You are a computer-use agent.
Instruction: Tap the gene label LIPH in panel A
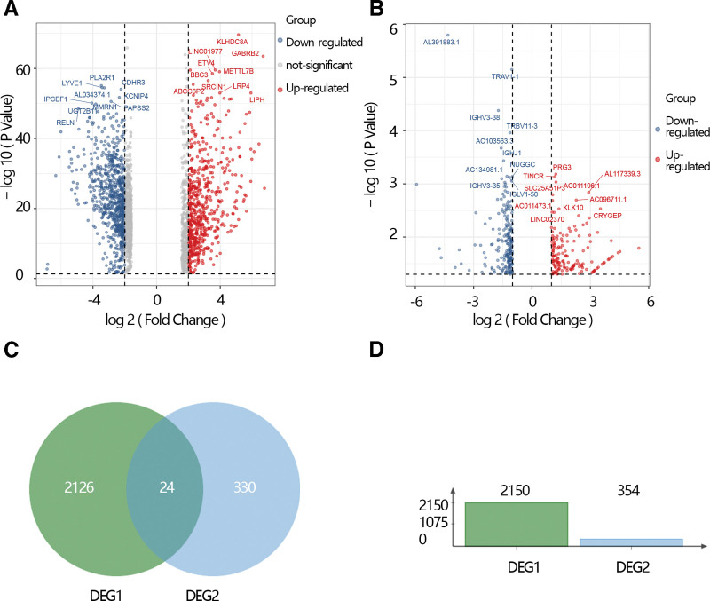pos(256,99)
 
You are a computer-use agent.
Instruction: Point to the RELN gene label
pos(66,123)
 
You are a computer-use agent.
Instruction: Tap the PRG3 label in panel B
pos(562,167)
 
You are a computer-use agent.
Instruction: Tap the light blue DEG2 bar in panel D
pos(632,541)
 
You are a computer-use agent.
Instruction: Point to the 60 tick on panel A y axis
pos(19,68)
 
